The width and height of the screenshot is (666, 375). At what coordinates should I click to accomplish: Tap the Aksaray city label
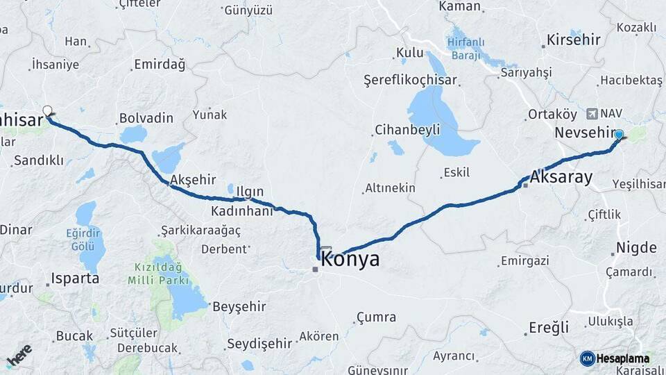coord(561,177)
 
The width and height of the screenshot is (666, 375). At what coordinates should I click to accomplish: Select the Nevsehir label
coord(585,132)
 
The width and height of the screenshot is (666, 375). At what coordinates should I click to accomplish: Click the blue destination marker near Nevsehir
coord(619,135)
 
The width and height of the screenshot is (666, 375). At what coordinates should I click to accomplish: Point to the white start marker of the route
coord(47,110)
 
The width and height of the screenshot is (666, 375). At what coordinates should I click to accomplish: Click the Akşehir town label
coord(193,179)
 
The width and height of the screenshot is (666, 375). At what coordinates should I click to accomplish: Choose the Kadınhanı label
coord(241,211)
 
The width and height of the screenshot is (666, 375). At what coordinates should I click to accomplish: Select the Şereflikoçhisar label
coord(410,81)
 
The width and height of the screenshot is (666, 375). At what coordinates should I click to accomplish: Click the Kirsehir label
coord(573,39)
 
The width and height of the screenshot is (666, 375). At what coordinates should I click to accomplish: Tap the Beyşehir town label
coord(239,306)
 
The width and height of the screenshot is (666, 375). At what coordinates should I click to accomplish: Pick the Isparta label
coord(74,278)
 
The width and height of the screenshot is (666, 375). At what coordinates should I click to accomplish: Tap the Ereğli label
coord(549,327)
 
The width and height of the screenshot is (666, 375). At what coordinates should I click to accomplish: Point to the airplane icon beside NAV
coord(591,113)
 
